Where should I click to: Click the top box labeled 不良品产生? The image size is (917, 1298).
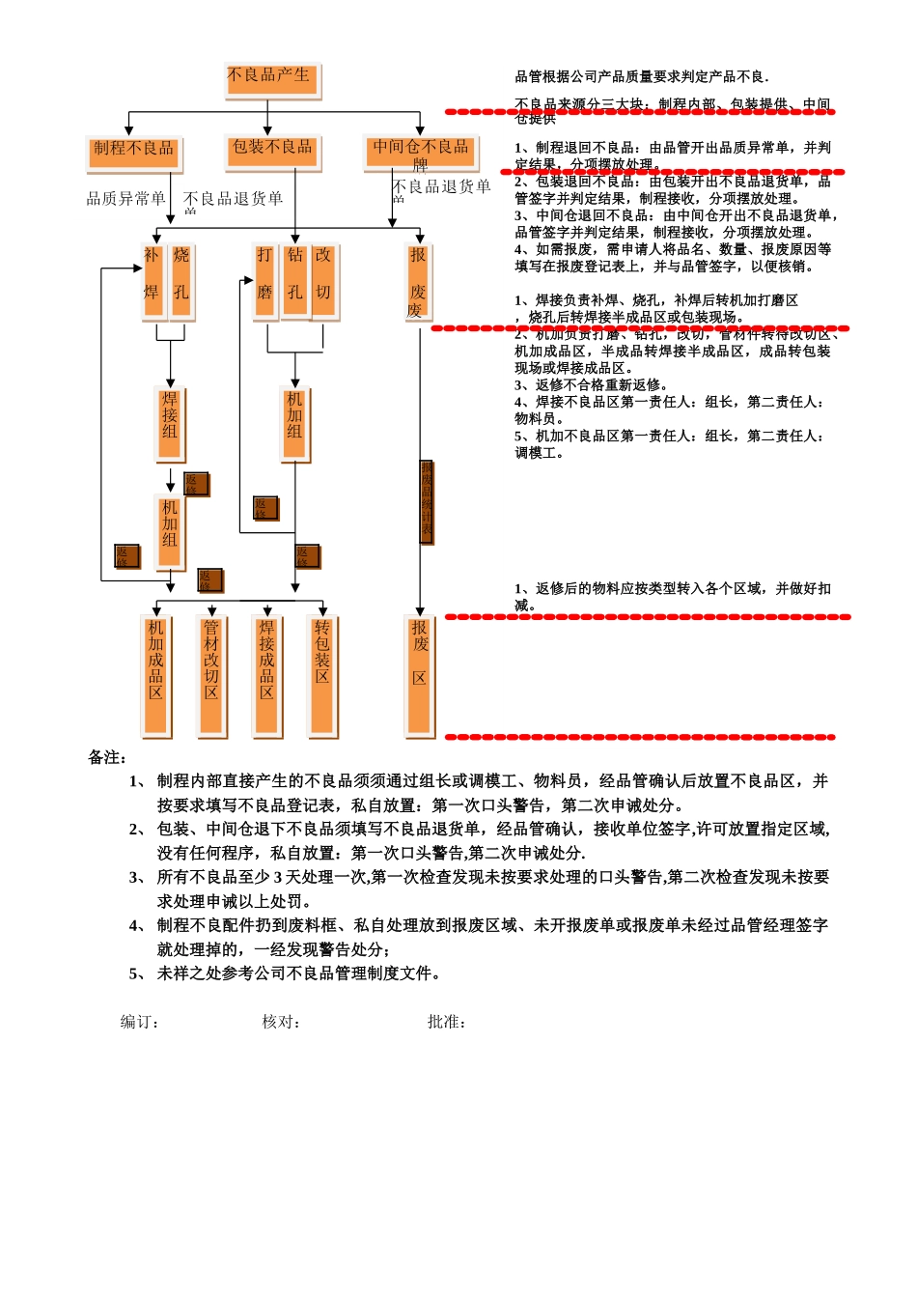[272, 80]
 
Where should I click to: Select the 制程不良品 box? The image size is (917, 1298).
[134, 152]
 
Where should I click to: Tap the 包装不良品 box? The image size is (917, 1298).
[272, 151]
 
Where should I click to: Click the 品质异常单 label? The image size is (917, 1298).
[125, 199]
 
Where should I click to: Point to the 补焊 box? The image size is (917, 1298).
[152, 280]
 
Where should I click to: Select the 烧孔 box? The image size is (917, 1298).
[181, 280]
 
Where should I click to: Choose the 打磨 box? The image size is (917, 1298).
[265, 280]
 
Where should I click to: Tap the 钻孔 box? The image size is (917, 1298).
[294, 280]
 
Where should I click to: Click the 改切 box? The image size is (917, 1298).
[323, 280]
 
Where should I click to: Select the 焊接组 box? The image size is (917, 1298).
[170, 423]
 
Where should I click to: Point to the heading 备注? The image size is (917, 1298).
[107, 757]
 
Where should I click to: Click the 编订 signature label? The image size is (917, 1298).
[139, 1022]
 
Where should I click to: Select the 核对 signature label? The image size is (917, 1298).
[281, 1022]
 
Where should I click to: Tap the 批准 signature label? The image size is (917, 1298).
[447, 1022]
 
